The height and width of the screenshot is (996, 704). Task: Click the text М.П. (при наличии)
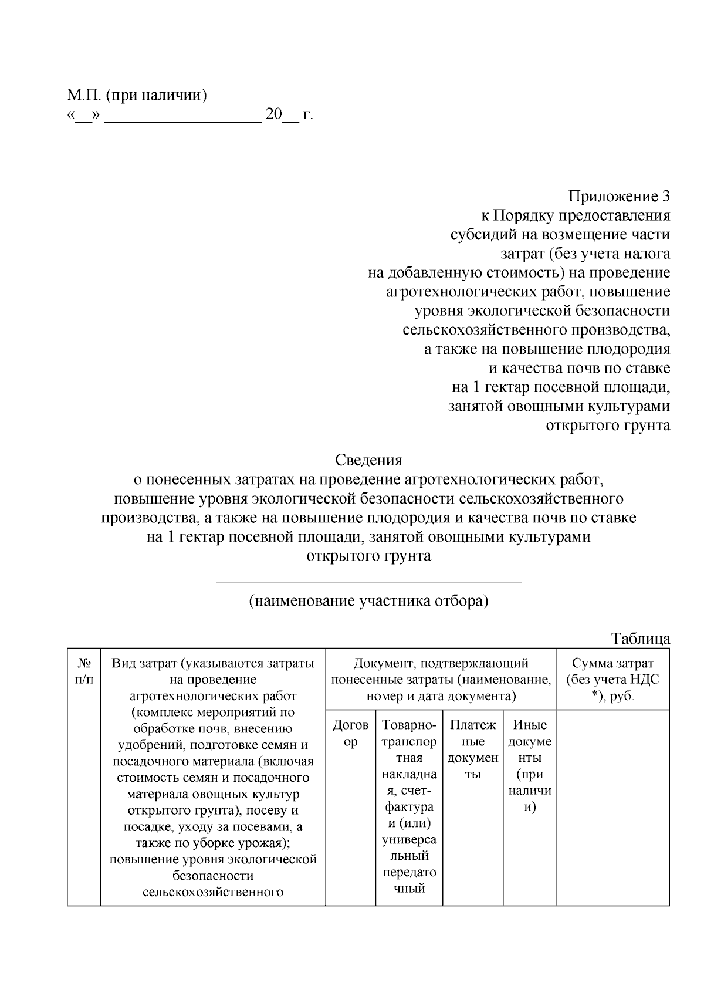[x=137, y=95]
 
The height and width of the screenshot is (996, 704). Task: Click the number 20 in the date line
[x=273, y=114]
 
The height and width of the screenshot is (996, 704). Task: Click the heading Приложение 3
[x=619, y=196]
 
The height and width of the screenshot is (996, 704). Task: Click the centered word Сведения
[x=368, y=460]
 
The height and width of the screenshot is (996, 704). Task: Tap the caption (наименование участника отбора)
[x=368, y=602]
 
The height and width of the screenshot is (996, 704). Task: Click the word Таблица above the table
[x=640, y=638]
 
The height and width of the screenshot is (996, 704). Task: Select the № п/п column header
[x=84, y=671]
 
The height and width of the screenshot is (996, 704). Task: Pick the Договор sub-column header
[x=350, y=733]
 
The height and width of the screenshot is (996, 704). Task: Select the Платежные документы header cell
[x=473, y=749]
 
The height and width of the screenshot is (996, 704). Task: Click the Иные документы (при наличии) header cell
[x=530, y=766]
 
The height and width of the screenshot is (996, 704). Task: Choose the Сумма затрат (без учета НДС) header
[x=612, y=680]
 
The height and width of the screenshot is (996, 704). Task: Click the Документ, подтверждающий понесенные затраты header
[x=441, y=680]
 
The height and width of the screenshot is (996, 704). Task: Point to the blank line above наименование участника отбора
[x=368, y=583]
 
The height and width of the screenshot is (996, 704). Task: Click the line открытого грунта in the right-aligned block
[x=608, y=426]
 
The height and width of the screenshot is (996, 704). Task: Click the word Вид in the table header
[x=124, y=663]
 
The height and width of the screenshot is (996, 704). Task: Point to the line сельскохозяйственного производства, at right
[x=536, y=330]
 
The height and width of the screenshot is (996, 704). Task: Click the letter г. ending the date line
[x=308, y=114]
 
